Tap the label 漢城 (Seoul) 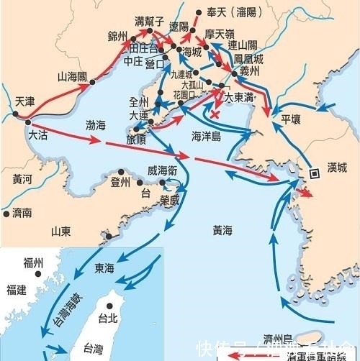coord(336,168)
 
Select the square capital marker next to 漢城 coord(315,173)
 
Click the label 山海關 coord(72,76)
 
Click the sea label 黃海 coord(223,231)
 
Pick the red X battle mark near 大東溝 coord(215,113)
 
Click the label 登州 coord(120,183)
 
